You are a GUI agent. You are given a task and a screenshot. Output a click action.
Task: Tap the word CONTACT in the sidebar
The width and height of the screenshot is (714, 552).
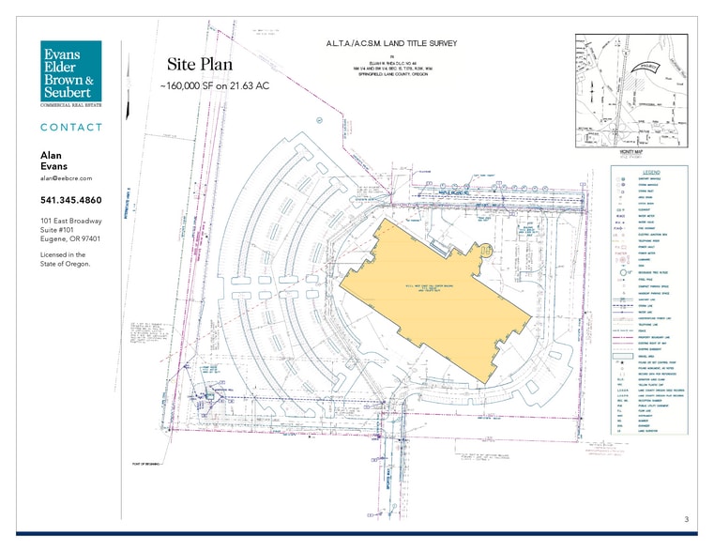(x=71, y=127)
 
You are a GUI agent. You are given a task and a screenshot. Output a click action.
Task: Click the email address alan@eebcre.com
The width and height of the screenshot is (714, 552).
(x=66, y=177)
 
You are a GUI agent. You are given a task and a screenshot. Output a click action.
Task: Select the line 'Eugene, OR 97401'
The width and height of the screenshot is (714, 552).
(x=70, y=239)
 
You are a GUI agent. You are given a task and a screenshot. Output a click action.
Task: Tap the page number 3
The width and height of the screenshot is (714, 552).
(x=686, y=519)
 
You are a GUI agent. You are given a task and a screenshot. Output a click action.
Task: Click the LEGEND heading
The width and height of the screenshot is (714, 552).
(x=650, y=172)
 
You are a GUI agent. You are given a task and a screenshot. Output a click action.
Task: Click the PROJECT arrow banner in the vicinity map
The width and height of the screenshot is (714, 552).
(x=641, y=66)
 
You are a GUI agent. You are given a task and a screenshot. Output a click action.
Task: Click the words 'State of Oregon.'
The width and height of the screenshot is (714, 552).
(x=66, y=264)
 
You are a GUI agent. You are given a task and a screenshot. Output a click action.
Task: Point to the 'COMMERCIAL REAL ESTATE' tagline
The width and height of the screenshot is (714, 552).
(x=70, y=106)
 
